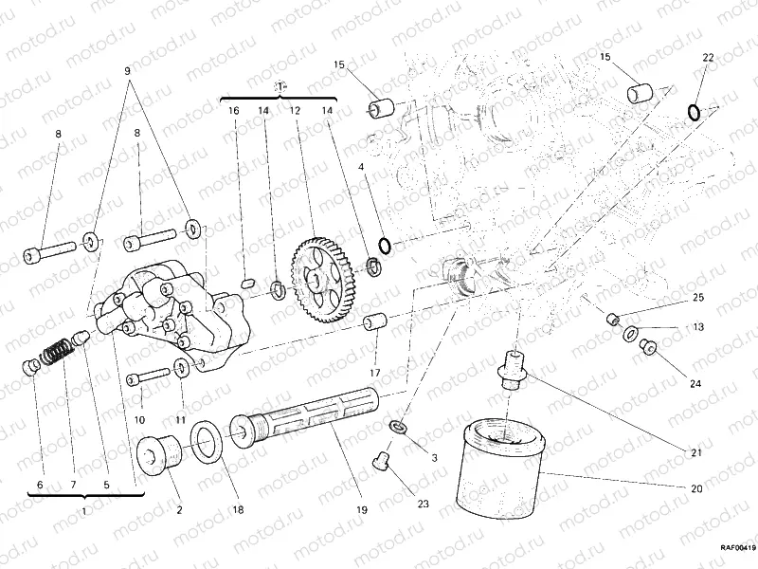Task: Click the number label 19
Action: point(362,510)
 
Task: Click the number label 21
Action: point(696,453)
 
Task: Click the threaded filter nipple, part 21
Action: point(513,369)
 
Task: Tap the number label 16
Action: point(233,111)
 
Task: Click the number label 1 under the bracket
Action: point(84,510)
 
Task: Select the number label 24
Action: point(696,384)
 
